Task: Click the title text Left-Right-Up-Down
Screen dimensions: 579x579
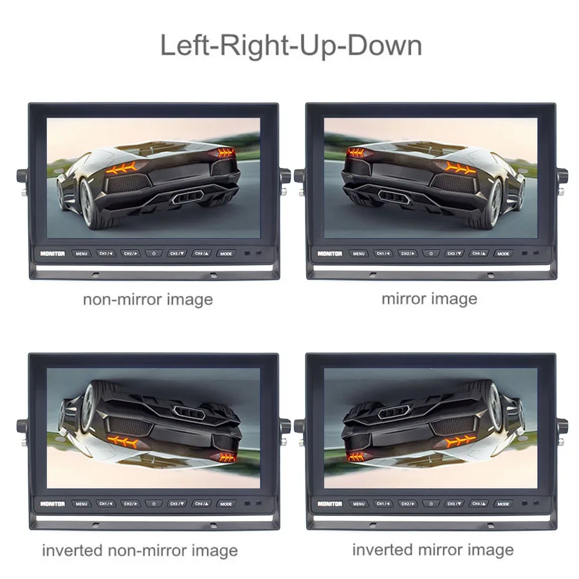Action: click(x=290, y=46)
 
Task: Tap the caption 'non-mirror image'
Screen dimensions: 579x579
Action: click(x=147, y=299)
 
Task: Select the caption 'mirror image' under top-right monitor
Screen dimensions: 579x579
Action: click(x=429, y=299)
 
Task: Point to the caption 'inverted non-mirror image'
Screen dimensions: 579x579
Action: click(x=140, y=551)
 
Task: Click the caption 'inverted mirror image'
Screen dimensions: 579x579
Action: click(x=433, y=549)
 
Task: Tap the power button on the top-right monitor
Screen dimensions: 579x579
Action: click(x=431, y=253)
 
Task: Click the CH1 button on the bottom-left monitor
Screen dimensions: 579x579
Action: click(x=106, y=504)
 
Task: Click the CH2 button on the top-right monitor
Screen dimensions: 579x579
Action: click(x=407, y=253)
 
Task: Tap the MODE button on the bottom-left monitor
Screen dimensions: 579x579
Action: click(x=226, y=504)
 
